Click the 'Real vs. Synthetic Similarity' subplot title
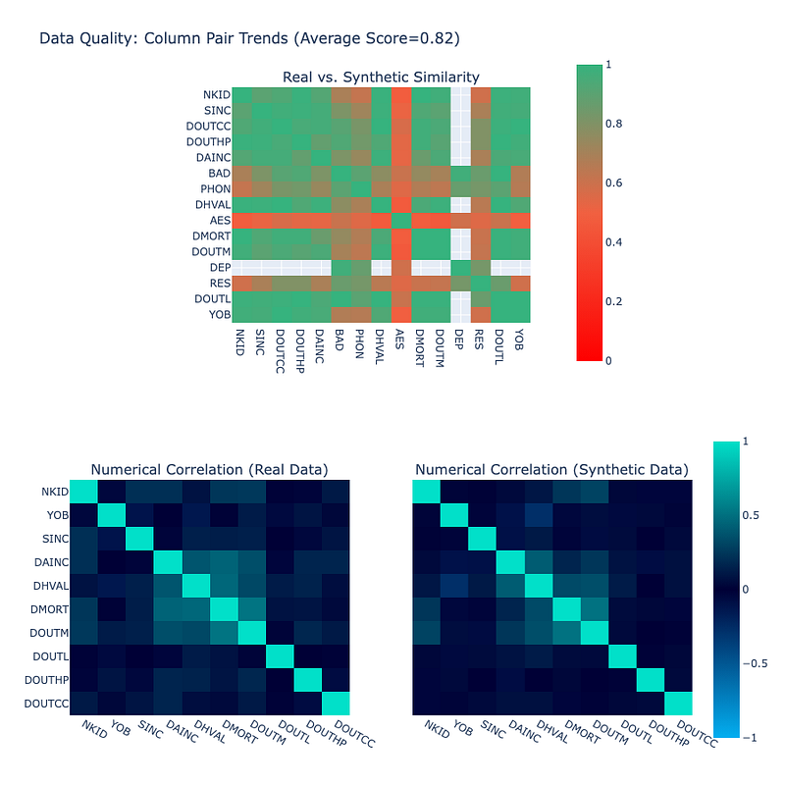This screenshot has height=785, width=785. [x=381, y=78]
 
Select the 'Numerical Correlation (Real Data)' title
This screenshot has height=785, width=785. [x=209, y=470]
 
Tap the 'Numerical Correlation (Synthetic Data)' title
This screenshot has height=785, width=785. [x=551, y=470]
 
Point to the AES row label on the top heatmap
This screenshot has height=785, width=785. [x=218, y=221]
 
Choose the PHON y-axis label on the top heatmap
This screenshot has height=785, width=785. [x=215, y=189]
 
